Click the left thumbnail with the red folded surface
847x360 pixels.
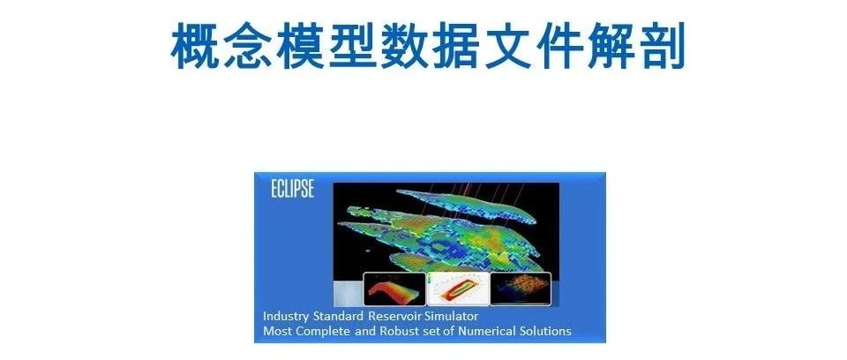(x=394, y=289)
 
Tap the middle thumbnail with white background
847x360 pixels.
(x=457, y=289)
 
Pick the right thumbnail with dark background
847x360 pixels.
(x=521, y=289)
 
